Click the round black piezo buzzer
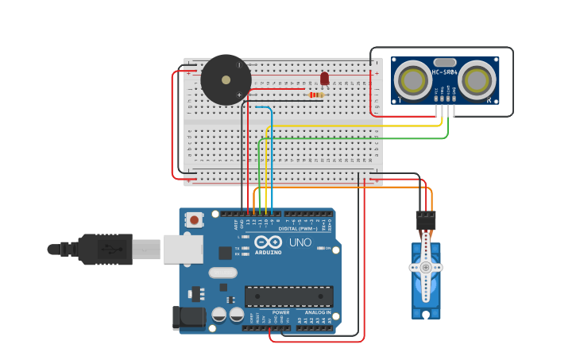(226, 79)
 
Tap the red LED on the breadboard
(324, 78)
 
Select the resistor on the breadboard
(316, 95)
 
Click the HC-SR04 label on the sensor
(445, 72)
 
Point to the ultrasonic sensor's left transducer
(413, 79)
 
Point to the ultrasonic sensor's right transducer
(476, 79)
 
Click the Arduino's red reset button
(193, 219)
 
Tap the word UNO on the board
(300, 242)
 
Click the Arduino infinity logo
(269, 242)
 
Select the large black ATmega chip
(288, 296)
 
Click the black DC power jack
(189, 317)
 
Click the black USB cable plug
(103, 249)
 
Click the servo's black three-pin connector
(426, 220)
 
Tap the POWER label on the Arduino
(281, 312)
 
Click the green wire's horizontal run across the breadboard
(354, 138)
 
